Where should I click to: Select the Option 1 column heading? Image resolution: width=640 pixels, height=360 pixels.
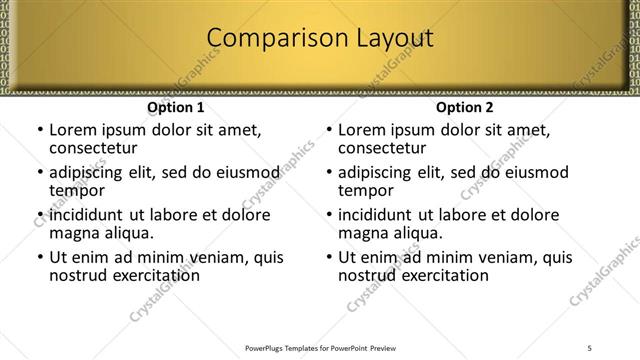pos(176,107)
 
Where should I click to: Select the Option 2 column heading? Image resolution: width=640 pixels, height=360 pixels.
pos(464,107)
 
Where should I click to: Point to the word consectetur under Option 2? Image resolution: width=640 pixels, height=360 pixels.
pos(383,148)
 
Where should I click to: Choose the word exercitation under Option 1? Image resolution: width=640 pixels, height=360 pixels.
pos(155,275)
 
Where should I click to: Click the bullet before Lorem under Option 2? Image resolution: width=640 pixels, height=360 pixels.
pos(329,131)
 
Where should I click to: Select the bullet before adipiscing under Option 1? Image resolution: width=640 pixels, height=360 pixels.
pos(40,173)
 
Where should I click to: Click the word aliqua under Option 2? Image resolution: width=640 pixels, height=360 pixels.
pos(415,233)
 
